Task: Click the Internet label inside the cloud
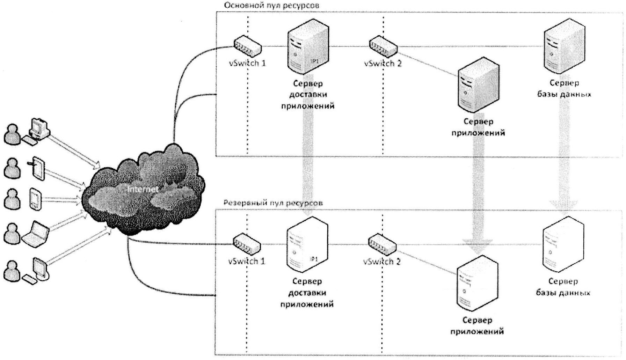pos(143,189)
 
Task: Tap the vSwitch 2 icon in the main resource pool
pos(383,46)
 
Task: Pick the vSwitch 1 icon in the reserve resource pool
pos(247,243)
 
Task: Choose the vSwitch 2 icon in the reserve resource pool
pos(382,243)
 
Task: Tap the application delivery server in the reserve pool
pos(307,244)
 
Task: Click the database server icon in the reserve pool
pos(563,244)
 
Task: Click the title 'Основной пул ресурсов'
pos(271,5)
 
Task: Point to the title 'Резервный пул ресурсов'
pos(273,203)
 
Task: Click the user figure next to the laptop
pos(12,233)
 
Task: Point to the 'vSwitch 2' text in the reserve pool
pos(382,261)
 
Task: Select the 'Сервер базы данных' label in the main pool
pos(564,88)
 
